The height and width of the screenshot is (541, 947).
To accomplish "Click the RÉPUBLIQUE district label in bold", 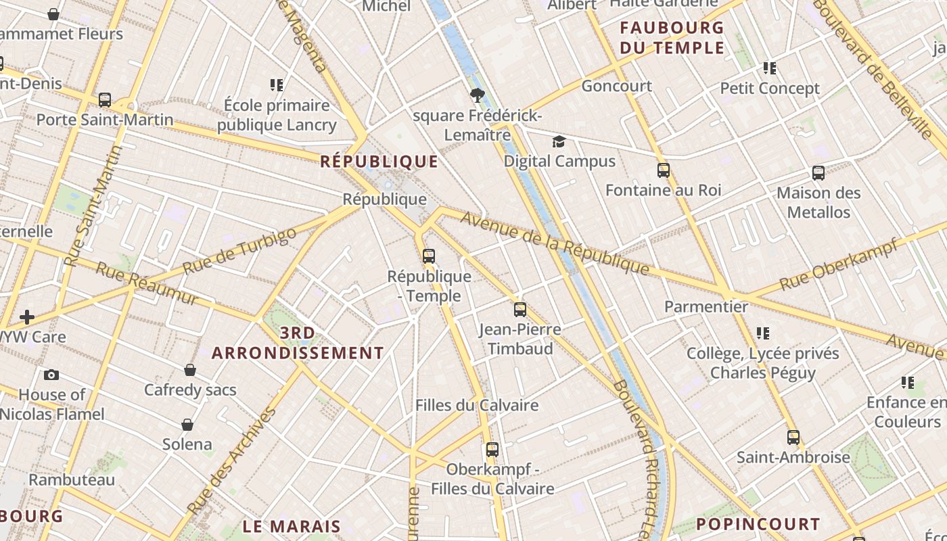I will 379,162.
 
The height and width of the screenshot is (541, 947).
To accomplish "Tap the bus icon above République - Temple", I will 428,256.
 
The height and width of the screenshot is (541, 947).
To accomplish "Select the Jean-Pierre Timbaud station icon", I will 519,310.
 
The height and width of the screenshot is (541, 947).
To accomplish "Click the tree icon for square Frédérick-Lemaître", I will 477,95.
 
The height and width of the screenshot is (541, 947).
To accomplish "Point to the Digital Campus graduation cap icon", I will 559,141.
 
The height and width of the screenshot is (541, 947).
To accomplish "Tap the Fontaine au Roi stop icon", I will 663,170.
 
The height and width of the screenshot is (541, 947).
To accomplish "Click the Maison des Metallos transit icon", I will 818,173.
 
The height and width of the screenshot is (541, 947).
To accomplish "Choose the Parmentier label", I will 706,306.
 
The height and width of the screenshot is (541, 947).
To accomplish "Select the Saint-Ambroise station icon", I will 793,438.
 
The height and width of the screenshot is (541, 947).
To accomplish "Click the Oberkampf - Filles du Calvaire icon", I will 492,450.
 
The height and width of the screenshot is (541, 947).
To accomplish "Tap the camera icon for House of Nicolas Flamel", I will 51,375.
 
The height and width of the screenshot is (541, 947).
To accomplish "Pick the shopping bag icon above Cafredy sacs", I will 190,370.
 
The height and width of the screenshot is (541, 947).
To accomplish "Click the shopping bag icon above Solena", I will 187,425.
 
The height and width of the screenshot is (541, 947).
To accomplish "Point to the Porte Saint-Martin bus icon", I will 105,100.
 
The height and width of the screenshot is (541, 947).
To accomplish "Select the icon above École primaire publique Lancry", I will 276,85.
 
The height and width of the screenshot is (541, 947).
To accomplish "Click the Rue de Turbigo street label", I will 239,251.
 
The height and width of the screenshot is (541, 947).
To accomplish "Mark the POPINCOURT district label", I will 758,524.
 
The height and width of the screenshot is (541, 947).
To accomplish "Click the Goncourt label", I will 616,86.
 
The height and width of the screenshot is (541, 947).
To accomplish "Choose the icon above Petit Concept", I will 769,68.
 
